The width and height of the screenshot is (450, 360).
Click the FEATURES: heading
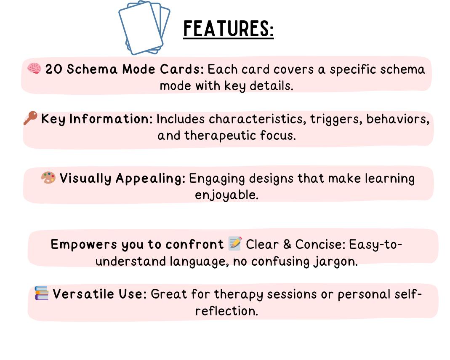[228, 29]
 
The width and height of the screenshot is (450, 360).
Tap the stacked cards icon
[144, 28]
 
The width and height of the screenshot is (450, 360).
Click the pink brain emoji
[34, 68]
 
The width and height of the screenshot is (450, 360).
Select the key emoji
[30, 118]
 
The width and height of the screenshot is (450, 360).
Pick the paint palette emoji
[48, 178]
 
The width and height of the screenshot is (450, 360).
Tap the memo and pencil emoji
[235, 243]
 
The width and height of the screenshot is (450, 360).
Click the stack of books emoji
[42, 293]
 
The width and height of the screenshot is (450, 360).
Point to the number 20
[54, 69]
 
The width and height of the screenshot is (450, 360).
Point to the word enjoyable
[226, 195]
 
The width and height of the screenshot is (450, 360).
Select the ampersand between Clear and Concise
[286, 244]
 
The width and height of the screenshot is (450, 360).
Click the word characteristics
[257, 119]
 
